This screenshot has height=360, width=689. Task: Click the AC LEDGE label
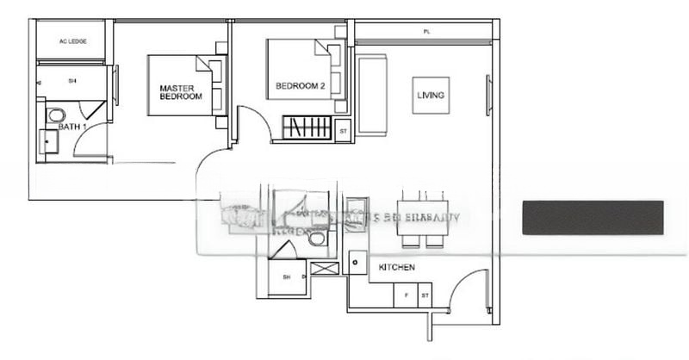[x=71, y=41]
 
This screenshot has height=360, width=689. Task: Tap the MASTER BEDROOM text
[x=181, y=92]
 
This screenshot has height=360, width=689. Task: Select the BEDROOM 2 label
[x=300, y=86]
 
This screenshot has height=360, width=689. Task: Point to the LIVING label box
[x=430, y=95]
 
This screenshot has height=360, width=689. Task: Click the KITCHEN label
[x=397, y=268]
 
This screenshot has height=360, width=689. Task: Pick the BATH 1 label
[x=72, y=127]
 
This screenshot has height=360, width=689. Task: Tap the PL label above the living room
[x=426, y=32]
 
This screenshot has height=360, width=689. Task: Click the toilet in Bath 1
[x=56, y=115]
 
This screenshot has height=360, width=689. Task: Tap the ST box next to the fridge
[x=425, y=295]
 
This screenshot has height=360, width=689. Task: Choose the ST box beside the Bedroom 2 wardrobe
[x=343, y=132]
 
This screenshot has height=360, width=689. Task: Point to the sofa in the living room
[x=372, y=94]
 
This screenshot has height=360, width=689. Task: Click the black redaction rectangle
[x=593, y=217]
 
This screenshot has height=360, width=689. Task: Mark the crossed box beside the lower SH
[x=325, y=270]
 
